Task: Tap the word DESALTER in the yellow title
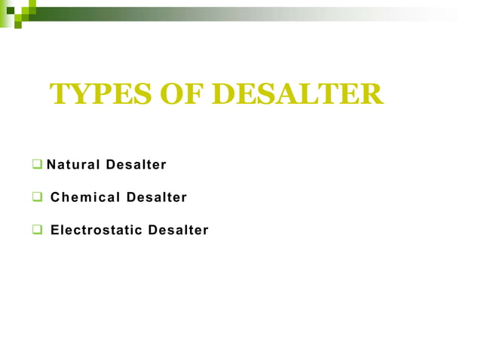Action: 298,95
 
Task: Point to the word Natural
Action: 73,164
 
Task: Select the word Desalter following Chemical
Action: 157,197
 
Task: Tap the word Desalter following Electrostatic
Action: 178,230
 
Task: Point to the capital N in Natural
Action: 51,164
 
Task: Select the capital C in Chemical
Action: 55,197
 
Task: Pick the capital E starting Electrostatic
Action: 54,230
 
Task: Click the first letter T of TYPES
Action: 60,95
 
